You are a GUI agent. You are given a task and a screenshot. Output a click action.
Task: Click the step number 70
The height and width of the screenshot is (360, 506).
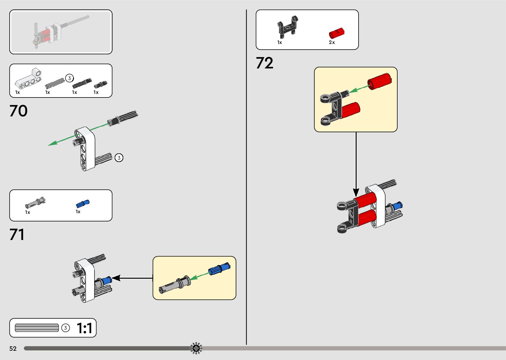(19, 111)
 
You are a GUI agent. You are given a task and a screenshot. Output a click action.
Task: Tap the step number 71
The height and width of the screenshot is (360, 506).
(17, 235)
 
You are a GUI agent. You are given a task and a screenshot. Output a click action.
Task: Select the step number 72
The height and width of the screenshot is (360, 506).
(264, 63)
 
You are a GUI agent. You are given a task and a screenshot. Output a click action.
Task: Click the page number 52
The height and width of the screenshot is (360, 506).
(13, 348)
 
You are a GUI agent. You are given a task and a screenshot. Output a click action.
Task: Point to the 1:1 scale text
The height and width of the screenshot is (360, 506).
(84, 328)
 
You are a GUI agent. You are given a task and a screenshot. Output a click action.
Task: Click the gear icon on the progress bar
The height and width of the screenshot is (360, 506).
(196, 348)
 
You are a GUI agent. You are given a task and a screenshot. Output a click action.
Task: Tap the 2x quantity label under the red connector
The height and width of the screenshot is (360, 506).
(332, 43)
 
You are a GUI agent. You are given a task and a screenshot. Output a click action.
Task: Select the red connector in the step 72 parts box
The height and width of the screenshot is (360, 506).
(336, 34)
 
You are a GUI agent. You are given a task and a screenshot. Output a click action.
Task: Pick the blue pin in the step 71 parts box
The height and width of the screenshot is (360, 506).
(83, 204)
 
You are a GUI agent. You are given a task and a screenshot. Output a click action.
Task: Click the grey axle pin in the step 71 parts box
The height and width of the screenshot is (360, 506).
(35, 203)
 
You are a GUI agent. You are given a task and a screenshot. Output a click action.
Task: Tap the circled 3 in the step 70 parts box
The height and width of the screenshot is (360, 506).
(69, 78)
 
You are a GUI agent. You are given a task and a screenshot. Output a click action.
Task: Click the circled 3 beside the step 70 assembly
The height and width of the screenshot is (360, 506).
(119, 158)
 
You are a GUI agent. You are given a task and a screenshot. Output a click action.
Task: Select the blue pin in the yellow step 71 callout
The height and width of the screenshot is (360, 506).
(218, 268)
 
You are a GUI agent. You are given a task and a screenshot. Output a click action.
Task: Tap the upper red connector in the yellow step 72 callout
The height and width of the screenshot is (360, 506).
(379, 81)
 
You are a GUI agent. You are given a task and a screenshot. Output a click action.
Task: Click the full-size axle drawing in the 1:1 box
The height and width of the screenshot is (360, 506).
(37, 328)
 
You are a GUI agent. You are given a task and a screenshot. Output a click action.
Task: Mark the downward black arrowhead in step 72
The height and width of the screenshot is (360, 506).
(356, 192)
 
